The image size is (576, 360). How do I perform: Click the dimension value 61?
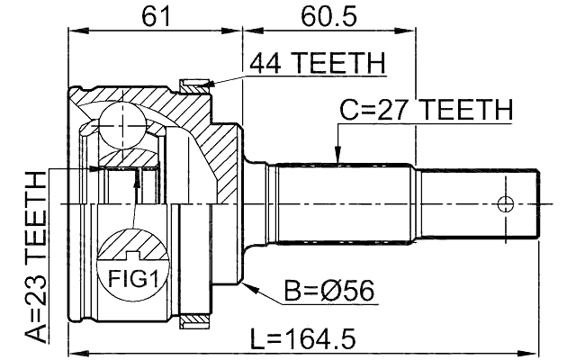point(155,15)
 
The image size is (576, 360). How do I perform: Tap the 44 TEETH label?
point(317,64)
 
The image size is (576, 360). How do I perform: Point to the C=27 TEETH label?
point(425,111)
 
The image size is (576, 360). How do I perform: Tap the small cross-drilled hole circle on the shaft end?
point(506,202)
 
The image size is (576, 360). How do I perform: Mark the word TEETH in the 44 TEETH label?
point(343,64)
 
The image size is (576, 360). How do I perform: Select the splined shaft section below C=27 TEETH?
point(342,202)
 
